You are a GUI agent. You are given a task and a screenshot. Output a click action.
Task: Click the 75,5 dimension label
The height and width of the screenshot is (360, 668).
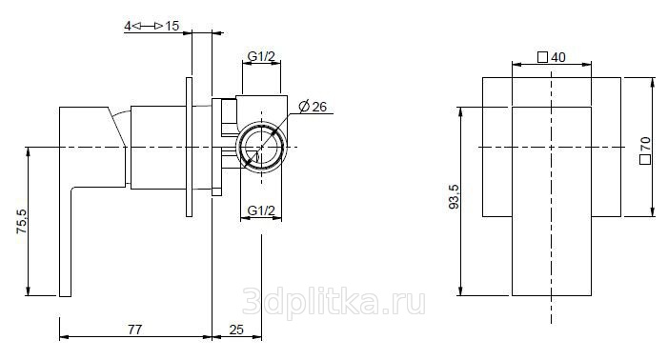coord(22,221)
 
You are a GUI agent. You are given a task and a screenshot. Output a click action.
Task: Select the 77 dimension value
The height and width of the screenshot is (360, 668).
coord(135,330)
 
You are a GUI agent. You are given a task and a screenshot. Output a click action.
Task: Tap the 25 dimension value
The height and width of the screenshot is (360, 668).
coord(236,330)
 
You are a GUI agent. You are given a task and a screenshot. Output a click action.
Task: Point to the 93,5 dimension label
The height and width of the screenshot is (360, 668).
coord(455,196)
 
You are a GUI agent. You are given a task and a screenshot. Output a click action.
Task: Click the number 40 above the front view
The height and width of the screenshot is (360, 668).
coord(558,57)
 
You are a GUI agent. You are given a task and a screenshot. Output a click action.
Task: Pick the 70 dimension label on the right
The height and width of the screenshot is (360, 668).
coord(645,144)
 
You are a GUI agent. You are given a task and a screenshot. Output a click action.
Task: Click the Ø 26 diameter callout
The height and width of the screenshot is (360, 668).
coord(313,107)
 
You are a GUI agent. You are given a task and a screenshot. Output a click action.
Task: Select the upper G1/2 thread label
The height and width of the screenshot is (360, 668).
coord(261,56)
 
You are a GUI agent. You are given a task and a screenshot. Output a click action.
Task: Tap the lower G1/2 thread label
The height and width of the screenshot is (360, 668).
coord(261,210)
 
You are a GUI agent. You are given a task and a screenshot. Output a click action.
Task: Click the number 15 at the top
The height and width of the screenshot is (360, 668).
coord(172,26)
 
